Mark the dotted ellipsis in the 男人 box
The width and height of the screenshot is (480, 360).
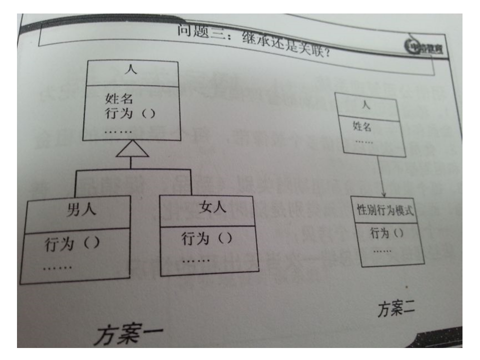[57, 267]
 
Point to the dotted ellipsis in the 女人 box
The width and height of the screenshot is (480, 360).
[196, 261]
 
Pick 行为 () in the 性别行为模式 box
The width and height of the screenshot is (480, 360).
[384, 232]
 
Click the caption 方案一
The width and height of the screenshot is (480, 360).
[127, 332]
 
